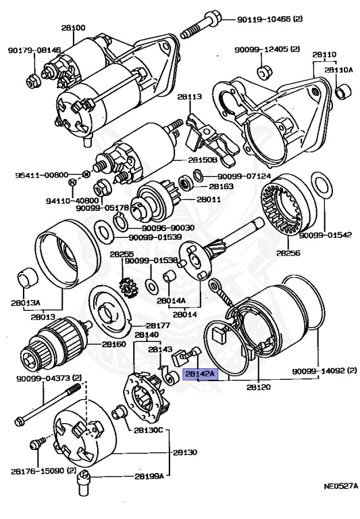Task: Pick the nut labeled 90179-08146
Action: coord(33,82)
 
